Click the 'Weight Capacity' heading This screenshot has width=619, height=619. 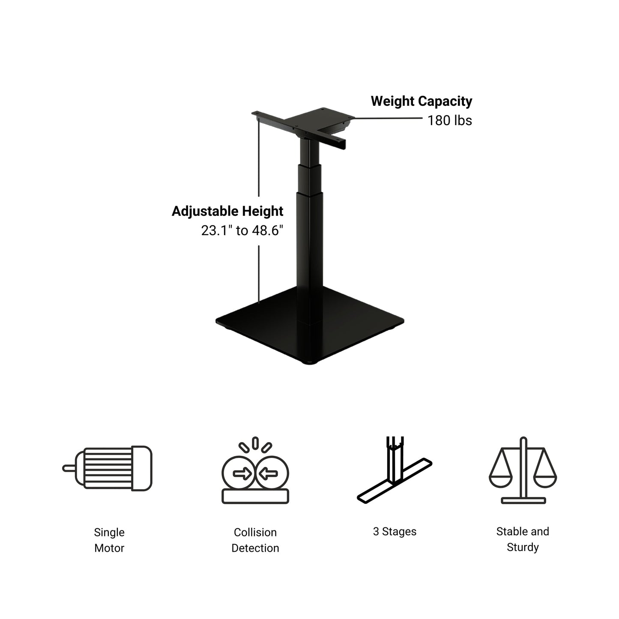coord(421,101)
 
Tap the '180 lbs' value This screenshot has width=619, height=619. coord(449,120)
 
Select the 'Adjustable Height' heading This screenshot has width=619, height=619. coord(227,211)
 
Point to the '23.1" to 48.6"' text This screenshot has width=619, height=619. coord(242,230)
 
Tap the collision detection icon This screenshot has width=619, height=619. coord(255,472)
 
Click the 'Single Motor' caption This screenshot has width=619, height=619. coord(109,540)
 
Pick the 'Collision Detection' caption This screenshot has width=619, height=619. coord(255,540)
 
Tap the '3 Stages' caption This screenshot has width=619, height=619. coord(395,532)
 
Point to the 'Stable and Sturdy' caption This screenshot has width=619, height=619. coord(523,539)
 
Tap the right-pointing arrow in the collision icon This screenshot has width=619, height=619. coord(242,474)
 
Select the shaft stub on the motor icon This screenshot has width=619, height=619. coord(69,468)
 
